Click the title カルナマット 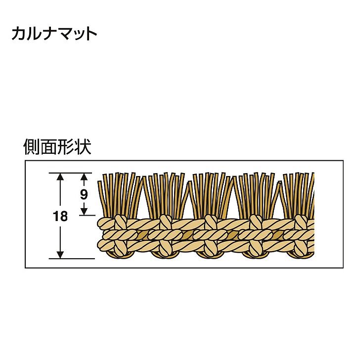pos(54,34)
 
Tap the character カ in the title pos(19,34)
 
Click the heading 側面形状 pos(57,146)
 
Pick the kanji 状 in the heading pos(83,146)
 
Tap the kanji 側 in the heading pos(32,146)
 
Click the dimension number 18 pos(60,216)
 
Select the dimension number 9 pos(84,195)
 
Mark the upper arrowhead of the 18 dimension pos(60,177)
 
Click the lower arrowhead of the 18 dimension pos(60,255)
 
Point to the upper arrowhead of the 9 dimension pos(84,177)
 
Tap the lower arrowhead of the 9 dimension pos(84,212)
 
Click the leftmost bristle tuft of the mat pos(119,195)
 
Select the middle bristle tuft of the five pos(210,195)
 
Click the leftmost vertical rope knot pos(121,235)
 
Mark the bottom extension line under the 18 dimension pos(72,259)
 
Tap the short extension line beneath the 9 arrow pos(87,215)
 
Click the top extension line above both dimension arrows pos(70,173)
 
